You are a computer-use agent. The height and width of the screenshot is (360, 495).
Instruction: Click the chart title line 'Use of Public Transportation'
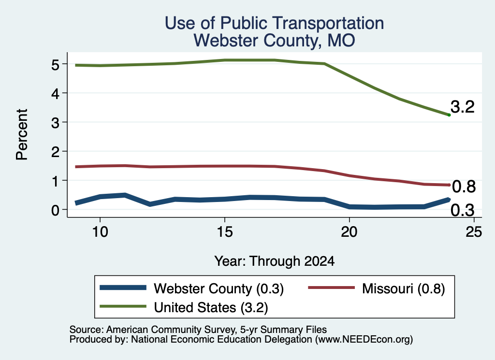pyautogui.click(x=274, y=23)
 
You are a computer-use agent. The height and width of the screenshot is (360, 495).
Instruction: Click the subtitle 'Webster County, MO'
pyautogui.click(x=274, y=41)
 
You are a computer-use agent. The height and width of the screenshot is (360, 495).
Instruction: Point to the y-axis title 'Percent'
pyautogui.click(x=22, y=134)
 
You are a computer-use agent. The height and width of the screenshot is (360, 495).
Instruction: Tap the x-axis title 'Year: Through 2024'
pyautogui.click(x=275, y=261)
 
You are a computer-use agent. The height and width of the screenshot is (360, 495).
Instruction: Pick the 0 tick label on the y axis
pyautogui.click(x=55, y=210)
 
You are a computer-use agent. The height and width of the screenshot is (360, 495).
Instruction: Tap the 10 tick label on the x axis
pyautogui.click(x=100, y=232)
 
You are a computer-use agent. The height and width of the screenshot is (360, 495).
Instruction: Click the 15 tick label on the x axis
pyautogui.click(x=225, y=232)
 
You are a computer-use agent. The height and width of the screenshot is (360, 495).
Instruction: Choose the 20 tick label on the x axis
pyautogui.click(x=349, y=232)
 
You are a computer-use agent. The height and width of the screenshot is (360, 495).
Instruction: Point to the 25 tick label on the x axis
pyautogui.click(x=474, y=232)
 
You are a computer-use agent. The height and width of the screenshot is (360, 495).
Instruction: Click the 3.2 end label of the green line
pyautogui.click(x=463, y=107)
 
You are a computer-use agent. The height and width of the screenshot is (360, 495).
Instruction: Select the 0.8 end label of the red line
pyautogui.click(x=464, y=187)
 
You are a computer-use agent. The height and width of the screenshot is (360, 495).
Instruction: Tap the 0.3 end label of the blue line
pyautogui.click(x=463, y=210)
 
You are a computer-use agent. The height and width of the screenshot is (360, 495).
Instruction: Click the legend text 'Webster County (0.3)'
pyautogui.click(x=219, y=288)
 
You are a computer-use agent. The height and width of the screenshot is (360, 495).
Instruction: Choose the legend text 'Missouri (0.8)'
pyautogui.click(x=404, y=288)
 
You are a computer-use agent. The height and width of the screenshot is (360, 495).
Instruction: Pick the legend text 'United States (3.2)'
pyautogui.click(x=211, y=308)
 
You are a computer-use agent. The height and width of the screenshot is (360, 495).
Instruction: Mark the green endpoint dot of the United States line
pyautogui.click(x=449, y=115)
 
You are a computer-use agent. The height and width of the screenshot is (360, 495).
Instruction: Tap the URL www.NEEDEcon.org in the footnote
pyautogui.click(x=364, y=340)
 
